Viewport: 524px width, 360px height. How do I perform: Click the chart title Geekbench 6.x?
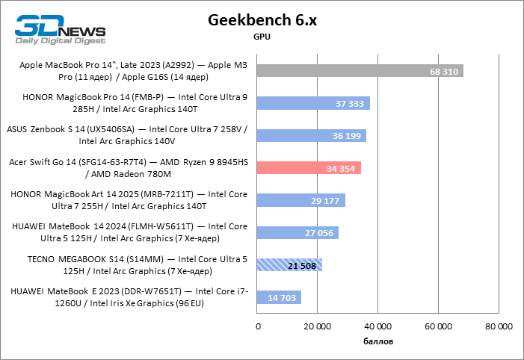tap(262, 19)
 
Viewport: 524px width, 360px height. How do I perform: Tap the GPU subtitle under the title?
tap(262, 36)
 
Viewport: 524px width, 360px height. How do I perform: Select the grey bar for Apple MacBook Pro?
tap(359, 70)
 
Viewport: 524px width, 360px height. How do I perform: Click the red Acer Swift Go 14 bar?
tap(308, 168)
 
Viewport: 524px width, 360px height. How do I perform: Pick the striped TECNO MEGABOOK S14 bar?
tap(289, 265)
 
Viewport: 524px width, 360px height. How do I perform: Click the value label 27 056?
tap(320, 233)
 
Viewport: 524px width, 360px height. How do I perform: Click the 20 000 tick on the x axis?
tap(317, 326)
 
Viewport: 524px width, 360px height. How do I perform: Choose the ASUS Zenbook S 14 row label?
tap(127, 135)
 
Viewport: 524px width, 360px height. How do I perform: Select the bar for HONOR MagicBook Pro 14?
tap(312, 103)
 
